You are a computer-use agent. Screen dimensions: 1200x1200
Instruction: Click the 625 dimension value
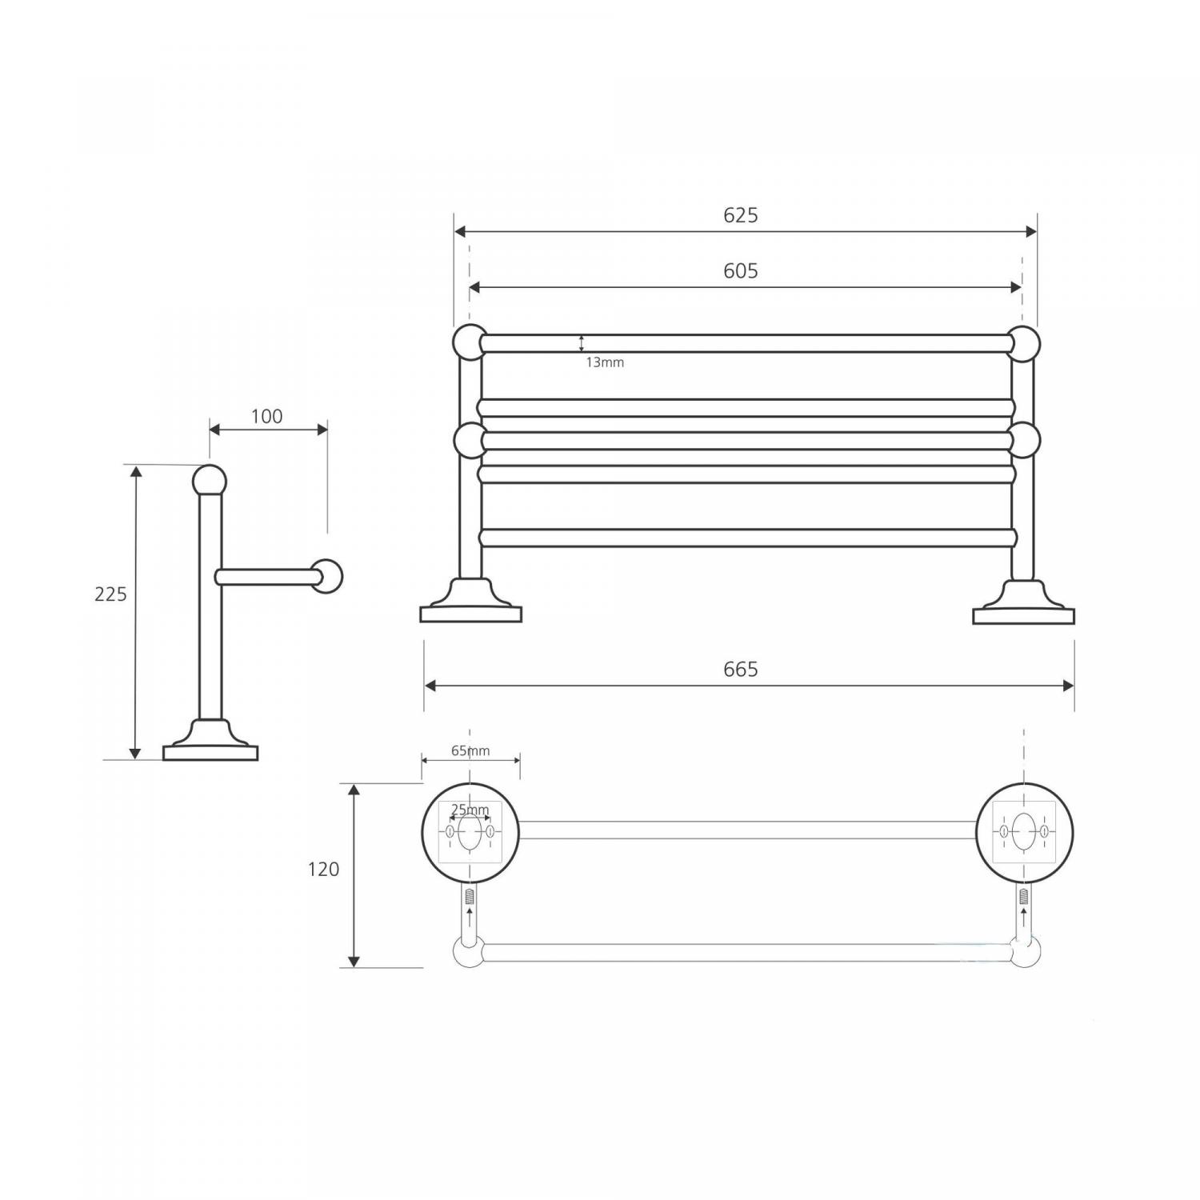[740, 215]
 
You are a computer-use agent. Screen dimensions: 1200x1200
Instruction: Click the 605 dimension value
[740, 271]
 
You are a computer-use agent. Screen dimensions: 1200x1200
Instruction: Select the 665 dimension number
[740, 669]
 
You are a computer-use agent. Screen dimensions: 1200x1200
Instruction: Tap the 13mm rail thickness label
[605, 362]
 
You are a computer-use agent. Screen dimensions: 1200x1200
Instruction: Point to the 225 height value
[110, 594]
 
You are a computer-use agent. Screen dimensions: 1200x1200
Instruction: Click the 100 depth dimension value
[266, 416]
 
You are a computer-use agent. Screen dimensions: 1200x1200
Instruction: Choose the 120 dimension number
[323, 869]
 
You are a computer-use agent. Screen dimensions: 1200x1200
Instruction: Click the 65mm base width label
[470, 750]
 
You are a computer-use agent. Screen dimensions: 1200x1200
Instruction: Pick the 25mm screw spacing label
[470, 810]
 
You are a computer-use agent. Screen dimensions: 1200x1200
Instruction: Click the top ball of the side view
[210, 481]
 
